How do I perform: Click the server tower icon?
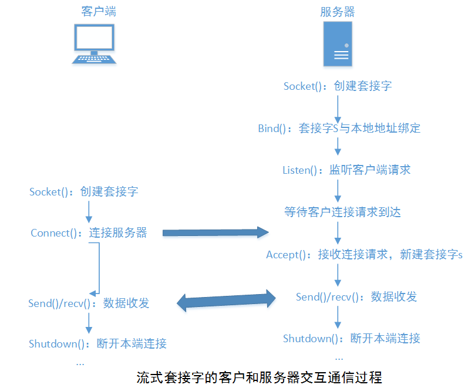point(338,44)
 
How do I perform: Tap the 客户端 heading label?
point(98,11)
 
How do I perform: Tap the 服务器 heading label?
point(338,11)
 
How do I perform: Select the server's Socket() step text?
point(338,86)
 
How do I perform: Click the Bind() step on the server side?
point(339,128)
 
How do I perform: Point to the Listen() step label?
point(346,170)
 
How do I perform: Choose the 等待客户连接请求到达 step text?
point(342,212)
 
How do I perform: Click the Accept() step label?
point(364,255)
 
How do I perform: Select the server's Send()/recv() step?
point(356,297)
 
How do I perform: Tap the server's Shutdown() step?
point(352,339)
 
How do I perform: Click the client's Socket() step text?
point(84,191)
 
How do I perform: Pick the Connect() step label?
point(89,233)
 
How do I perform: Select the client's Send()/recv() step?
point(89,303)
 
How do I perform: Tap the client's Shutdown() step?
point(97,344)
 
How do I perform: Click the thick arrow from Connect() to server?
point(214,233)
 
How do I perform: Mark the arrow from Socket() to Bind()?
point(338,107)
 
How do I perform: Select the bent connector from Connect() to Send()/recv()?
point(98,267)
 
